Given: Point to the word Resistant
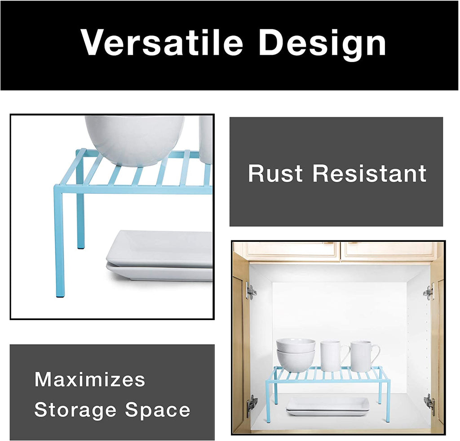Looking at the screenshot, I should click(369, 174).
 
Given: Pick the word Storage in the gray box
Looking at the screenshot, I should click(75, 410).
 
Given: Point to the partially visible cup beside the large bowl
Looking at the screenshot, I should click(206, 139).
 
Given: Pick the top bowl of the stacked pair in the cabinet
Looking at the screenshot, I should click(296, 345).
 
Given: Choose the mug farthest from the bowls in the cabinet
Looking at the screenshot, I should click(363, 355).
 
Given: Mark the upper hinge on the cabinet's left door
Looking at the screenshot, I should click(250, 291).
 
